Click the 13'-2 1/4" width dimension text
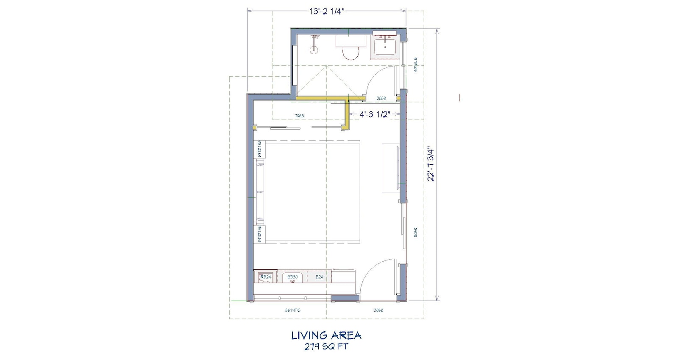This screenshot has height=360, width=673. (326, 11)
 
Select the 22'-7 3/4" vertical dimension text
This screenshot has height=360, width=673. (431, 164)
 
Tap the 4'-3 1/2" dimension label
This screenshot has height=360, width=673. (374, 114)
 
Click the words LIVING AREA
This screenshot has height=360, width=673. (326, 336)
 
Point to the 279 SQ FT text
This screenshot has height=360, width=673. (326, 347)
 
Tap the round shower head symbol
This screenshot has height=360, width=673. (314, 50)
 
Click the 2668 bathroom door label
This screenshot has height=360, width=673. (381, 98)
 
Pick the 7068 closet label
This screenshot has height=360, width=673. (299, 115)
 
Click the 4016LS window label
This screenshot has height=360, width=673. (416, 64)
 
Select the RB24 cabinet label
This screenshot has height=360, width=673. (265, 277)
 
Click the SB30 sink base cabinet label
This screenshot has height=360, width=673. (292, 277)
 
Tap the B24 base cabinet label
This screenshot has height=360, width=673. (320, 277)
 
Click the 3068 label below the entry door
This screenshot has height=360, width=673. (378, 310)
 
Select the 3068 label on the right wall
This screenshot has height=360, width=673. (416, 232)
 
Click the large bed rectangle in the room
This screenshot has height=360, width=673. (311, 193)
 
